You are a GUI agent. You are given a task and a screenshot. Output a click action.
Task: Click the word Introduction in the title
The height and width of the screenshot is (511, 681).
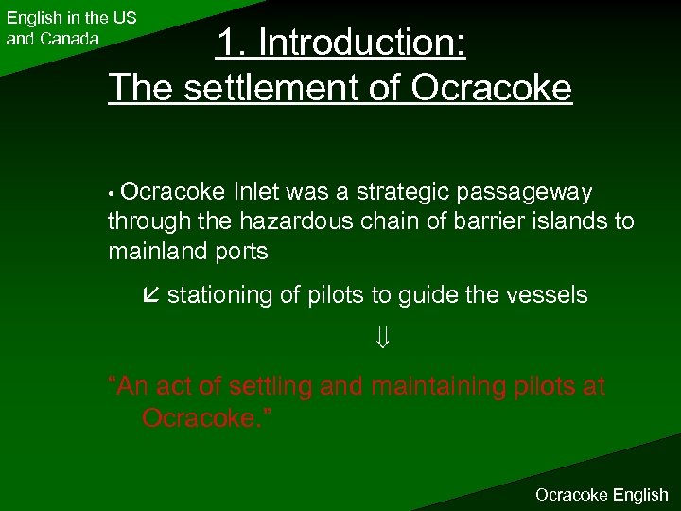coord(362,43)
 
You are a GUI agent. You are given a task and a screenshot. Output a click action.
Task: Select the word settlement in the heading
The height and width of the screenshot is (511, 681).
coord(280,87)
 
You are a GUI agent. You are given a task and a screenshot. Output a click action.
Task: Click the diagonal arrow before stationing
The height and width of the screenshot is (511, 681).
coord(150,295)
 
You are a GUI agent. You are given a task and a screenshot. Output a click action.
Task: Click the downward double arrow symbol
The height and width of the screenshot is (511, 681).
coord(384,337)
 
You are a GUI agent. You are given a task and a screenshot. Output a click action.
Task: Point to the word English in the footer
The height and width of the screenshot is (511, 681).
coord(640,495)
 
